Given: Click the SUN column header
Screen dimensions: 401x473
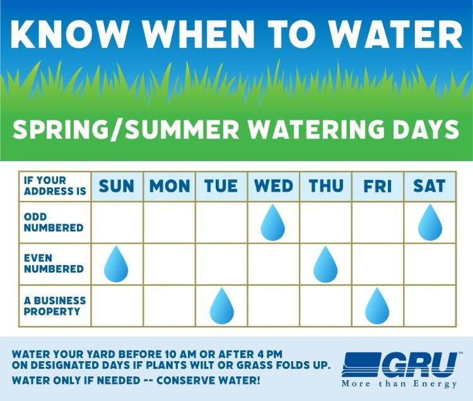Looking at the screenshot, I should (x=117, y=186).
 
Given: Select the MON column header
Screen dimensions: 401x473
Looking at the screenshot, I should (x=169, y=186).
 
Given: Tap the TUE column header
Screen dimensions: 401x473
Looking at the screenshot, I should (x=221, y=186).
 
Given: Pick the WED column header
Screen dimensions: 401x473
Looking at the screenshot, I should (x=273, y=186).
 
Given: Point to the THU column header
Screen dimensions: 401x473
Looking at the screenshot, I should (x=325, y=186).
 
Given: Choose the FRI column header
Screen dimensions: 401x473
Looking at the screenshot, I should (x=377, y=186).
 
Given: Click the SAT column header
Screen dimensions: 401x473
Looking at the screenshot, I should (x=429, y=186).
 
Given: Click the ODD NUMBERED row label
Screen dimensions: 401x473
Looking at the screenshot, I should (x=54, y=222).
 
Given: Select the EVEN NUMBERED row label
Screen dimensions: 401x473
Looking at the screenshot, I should (x=54, y=263).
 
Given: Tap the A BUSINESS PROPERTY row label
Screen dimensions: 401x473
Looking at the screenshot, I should (x=54, y=306).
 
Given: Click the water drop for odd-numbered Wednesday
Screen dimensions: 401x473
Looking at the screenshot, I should (x=273, y=222).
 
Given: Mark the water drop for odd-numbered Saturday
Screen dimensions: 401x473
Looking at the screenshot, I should (x=429, y=222).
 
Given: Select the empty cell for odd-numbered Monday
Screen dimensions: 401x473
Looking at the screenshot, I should (x=169, y=222).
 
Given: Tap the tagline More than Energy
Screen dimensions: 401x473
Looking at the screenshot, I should (x=399, y=383).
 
